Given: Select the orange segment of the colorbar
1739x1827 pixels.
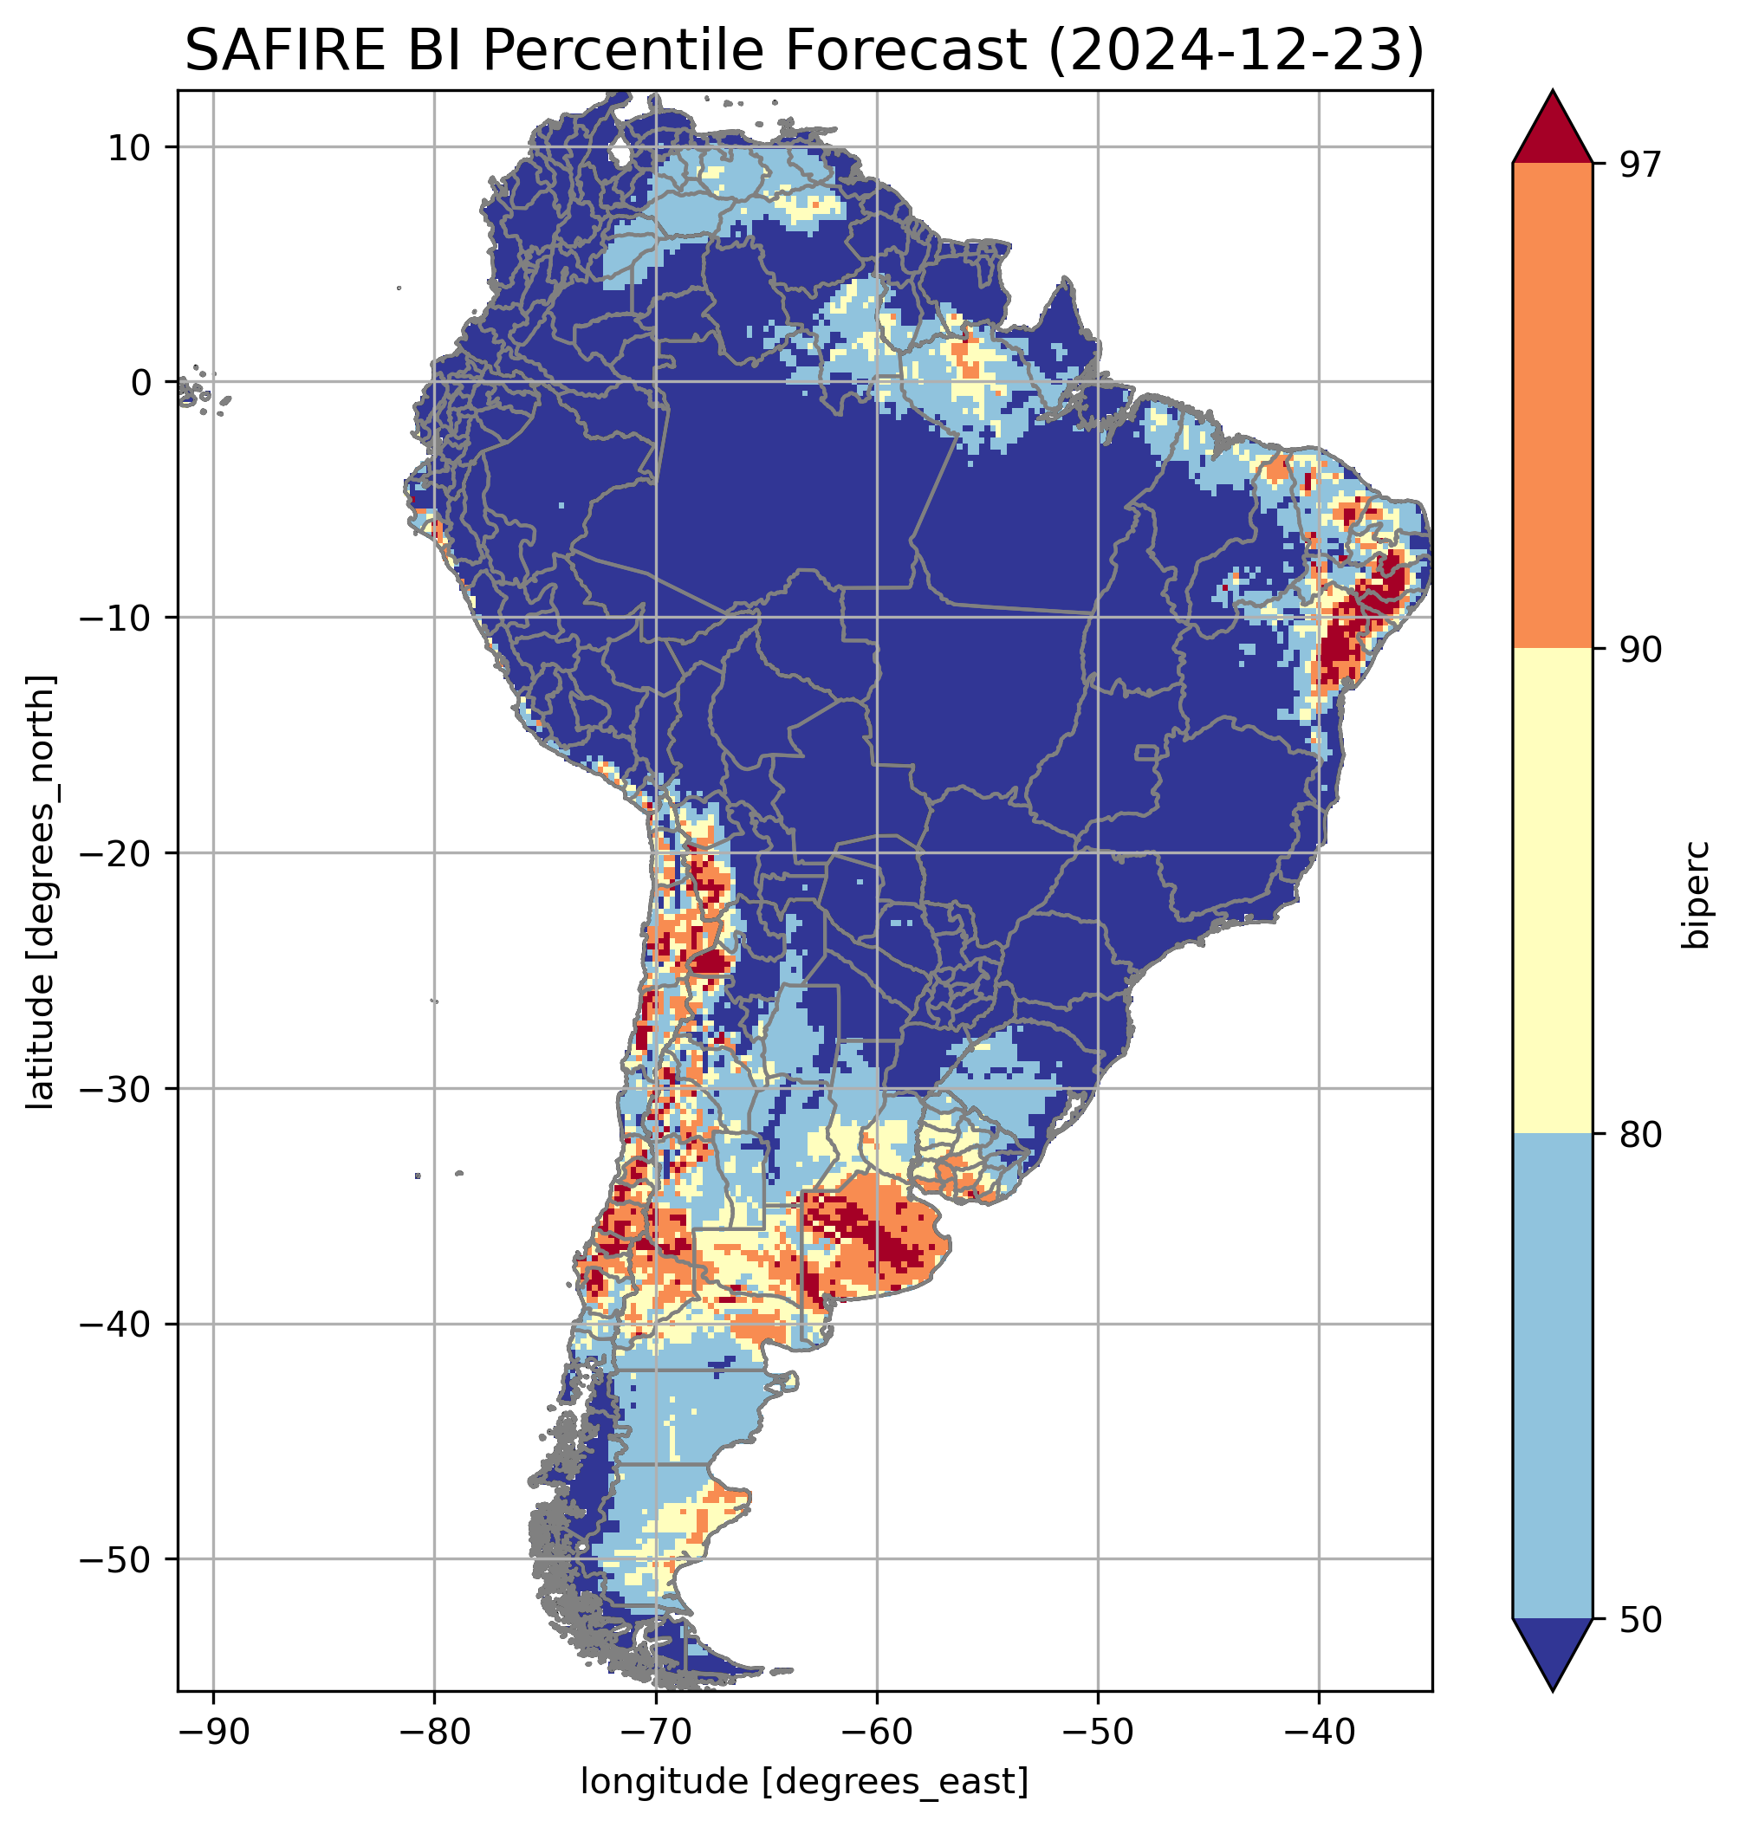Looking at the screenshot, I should tap(1552, 406).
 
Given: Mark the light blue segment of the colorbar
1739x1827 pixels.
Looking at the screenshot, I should tap(1552, 1377).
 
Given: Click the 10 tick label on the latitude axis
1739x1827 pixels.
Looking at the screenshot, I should tap(130, 147).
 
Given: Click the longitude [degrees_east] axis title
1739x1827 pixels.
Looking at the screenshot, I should tap(804, 1782).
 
